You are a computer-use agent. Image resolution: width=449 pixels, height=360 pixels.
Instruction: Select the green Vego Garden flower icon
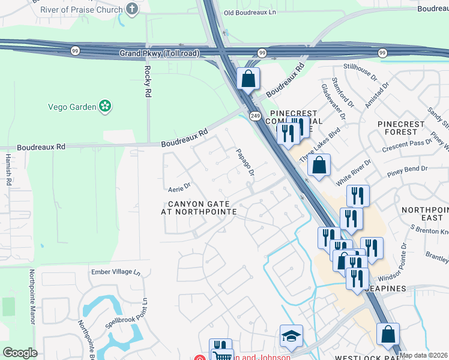[106, 106]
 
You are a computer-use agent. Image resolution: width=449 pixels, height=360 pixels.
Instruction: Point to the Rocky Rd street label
[147, 82]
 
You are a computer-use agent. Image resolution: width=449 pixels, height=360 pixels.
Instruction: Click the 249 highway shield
[255, 116]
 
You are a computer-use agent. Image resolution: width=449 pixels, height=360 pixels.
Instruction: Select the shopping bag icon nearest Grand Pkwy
[247, 78]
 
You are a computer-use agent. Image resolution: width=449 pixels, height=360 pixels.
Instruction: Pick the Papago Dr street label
[245, 163]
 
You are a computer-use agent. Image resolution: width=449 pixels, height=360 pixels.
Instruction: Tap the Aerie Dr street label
[179, 187]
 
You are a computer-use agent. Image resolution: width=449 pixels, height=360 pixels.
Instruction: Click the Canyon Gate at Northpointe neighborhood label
[199, 208]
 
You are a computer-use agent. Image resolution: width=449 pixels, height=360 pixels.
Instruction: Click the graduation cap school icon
[291, 336]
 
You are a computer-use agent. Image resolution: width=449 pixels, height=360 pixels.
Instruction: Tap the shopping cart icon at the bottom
[222, 355]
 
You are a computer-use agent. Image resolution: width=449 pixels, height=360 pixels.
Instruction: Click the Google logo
[20, 353]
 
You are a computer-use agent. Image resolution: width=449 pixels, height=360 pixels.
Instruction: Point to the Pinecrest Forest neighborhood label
[401, 128]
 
